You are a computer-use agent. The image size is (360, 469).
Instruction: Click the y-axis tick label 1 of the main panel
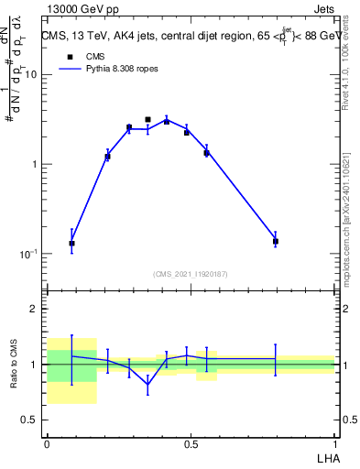click(34, 165)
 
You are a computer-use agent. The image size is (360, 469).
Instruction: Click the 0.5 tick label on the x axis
click(190, 443)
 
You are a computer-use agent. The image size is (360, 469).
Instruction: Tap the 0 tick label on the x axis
click(47, 443)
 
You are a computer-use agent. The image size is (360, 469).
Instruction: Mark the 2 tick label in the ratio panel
click(34, 310)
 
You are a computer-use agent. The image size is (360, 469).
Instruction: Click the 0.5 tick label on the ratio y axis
click(29, 420)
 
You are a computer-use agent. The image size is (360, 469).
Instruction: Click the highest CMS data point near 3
click(147, 119)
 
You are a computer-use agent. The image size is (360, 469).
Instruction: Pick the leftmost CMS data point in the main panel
click(71, 243)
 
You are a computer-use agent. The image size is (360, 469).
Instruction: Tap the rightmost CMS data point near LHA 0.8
click(275, 241)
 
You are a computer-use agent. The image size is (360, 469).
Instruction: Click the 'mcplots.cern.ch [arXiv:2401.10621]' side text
click(351, 211)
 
